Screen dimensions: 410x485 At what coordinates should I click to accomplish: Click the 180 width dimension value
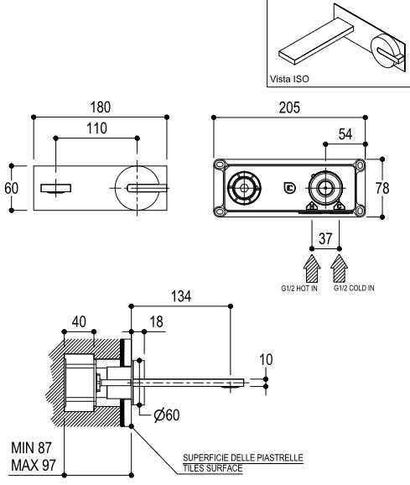pyautogui.click(x=100, y=107)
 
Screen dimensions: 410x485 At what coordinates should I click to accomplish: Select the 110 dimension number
pyautogui.click(x=96, y=128)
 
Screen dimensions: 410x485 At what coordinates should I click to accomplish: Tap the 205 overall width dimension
pyautogui.click(x=289, y=107)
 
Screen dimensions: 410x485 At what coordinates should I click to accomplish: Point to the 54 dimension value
pyautogui.click(x=345, y=134)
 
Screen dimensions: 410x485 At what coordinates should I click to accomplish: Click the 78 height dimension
pyautogui.click(x=382, y=188)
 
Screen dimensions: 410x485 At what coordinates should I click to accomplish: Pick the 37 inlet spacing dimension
pyautogui.click(x=325, y=238)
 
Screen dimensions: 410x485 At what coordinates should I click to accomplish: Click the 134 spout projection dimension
pyautogui.click(x=181, y=296)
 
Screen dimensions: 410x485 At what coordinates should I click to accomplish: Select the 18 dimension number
pyautogui.click(x=156, y=321)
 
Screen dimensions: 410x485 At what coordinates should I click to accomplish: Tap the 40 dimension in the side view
pyautogui.click(x=79, y=321)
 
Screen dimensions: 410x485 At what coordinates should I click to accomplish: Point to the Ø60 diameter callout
pyautogui.click(x=167, y=415)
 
